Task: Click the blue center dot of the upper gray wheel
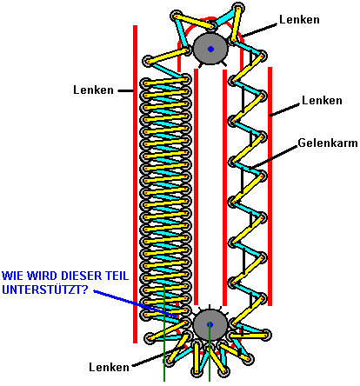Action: pos(210,49)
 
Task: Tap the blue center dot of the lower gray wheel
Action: pos(210,324)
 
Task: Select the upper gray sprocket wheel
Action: pos(210,49)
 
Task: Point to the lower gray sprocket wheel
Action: pos(210,324)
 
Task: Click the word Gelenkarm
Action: pos(328,143)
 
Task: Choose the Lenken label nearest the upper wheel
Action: pos(299,19)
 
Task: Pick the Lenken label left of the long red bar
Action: pos(93,90)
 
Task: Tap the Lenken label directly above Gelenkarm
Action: pos(322,100)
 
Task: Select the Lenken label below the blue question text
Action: pos(109,367)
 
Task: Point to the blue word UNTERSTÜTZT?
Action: pos(45,289)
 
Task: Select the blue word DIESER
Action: pos(65,276)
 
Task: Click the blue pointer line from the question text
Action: pos(136,303)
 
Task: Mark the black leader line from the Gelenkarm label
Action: pos(275,156)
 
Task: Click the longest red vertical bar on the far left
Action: pos(135,184)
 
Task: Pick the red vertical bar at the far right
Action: pos(270,186)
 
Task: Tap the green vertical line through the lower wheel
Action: pos(210,352)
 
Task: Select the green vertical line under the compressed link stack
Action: pos(164,333)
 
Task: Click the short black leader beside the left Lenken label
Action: pos(125,90)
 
